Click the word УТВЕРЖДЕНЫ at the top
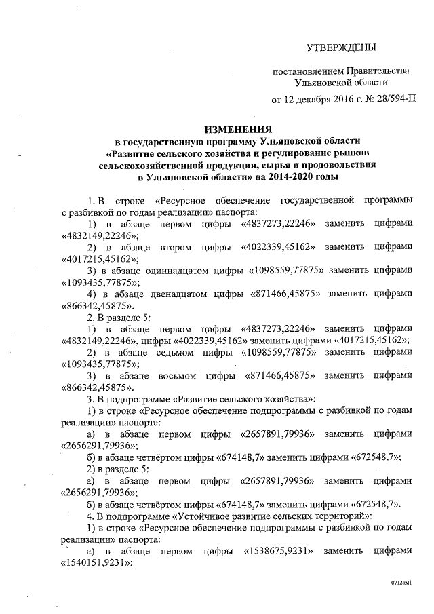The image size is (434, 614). (340, 47)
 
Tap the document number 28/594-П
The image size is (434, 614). (393, 100)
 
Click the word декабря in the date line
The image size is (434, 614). (314, 100)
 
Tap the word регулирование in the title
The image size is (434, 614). (283, 153)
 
